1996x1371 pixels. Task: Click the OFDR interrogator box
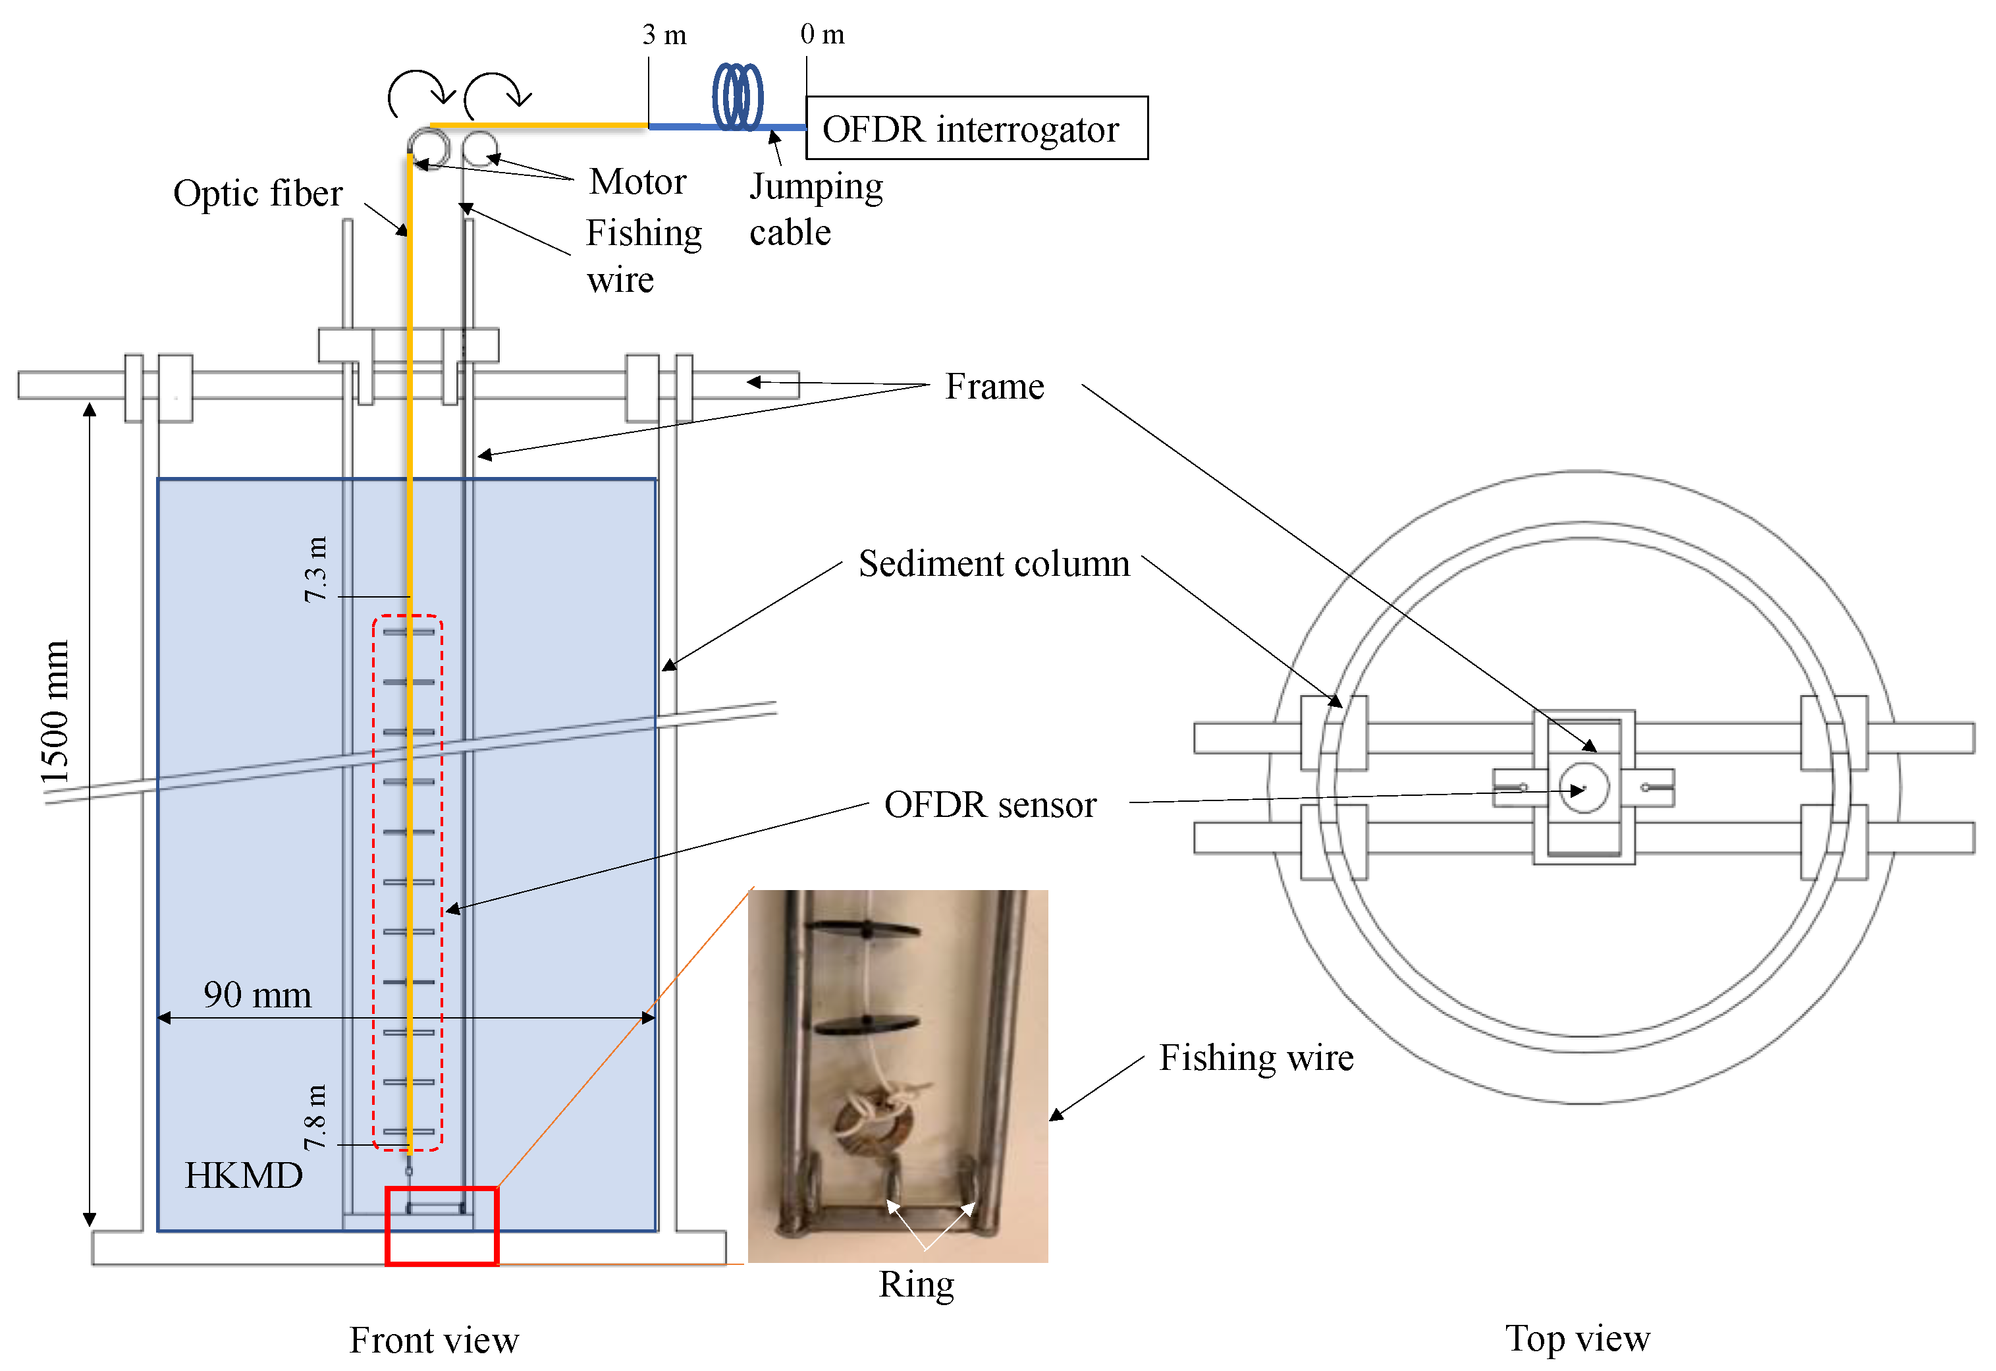(x=977, y=128)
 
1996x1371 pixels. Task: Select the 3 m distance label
(x=664, y=34)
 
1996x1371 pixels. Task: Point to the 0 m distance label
(x=822, y=34)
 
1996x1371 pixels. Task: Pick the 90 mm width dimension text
(x=257, y=995)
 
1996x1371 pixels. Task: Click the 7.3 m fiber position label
(x=316, y=569)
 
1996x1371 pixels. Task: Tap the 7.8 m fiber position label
(x=316, y=1117)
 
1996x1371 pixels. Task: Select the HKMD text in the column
(x=244, y=1175)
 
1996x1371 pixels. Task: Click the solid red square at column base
(x=441, y=1226)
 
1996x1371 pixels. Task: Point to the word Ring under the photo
(x=917, y=1284)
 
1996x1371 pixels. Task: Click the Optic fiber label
(x=257, y=193)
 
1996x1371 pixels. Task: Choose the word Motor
(x=637, y=182)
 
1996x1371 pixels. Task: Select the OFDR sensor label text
(x=990, y=805)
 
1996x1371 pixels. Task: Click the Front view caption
(x=434, y=1340)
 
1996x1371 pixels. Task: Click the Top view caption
(x=1577, y=1338)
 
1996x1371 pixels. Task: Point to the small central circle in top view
(x=1584, y=787)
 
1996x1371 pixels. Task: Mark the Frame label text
(x=994, y=387)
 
